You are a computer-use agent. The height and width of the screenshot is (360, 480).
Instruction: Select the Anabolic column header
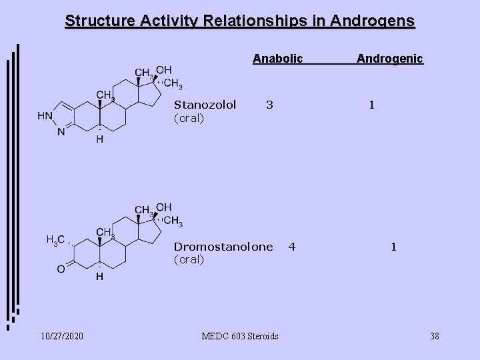277,59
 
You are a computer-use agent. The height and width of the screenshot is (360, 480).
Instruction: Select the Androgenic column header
389,59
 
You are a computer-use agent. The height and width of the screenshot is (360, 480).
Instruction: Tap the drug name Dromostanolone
223,247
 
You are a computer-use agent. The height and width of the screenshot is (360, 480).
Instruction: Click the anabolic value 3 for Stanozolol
269,105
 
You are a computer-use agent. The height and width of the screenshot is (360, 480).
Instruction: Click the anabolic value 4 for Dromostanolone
291,247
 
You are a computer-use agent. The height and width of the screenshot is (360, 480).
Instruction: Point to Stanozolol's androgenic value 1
371,105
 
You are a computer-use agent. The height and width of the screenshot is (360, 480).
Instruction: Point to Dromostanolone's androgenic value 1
394,247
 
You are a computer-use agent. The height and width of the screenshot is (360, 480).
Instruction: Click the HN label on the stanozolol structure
46,116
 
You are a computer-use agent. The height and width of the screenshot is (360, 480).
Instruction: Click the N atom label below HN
61,132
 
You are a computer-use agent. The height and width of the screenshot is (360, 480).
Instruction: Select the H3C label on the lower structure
55,239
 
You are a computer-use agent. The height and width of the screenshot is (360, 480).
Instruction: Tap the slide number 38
434,335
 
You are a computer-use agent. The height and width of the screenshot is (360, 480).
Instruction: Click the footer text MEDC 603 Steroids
240,335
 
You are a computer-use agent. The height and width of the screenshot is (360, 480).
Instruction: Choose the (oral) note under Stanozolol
189,118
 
